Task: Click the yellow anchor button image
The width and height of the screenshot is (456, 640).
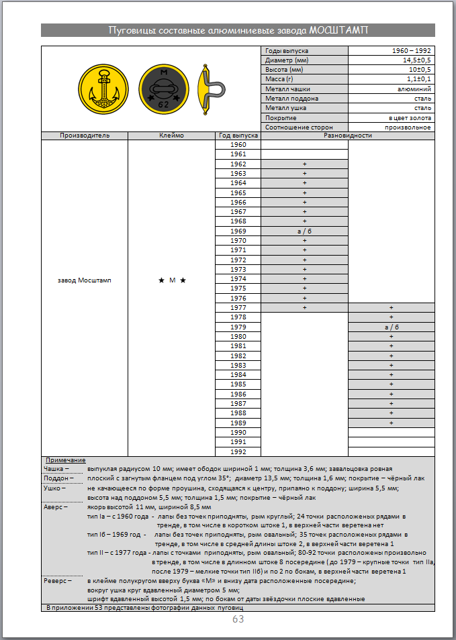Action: point(103,90)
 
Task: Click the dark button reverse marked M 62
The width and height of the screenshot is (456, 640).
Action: point(164,90)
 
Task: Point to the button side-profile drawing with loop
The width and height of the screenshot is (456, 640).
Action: point(210,90)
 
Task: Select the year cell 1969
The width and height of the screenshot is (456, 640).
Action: point(238,231)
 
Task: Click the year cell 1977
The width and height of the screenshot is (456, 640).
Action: point(238,307)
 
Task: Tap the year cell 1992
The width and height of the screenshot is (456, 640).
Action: point(238,451)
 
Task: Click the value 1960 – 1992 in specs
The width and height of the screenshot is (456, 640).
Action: point(412,51)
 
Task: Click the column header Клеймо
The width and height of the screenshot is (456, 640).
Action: point(171,135)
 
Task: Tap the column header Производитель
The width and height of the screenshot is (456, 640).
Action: point(85,135)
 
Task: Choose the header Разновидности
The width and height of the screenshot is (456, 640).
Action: point(347,135)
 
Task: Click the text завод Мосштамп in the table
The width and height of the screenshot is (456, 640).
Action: point(85,280)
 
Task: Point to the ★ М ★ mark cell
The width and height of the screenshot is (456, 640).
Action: point(172,280)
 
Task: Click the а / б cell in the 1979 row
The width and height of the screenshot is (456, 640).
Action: point(391,327)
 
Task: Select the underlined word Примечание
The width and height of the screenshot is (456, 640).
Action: point(65,460)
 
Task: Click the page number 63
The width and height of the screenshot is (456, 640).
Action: point(238,619)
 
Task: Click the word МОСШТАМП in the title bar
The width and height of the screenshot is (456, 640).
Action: point(338,31)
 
